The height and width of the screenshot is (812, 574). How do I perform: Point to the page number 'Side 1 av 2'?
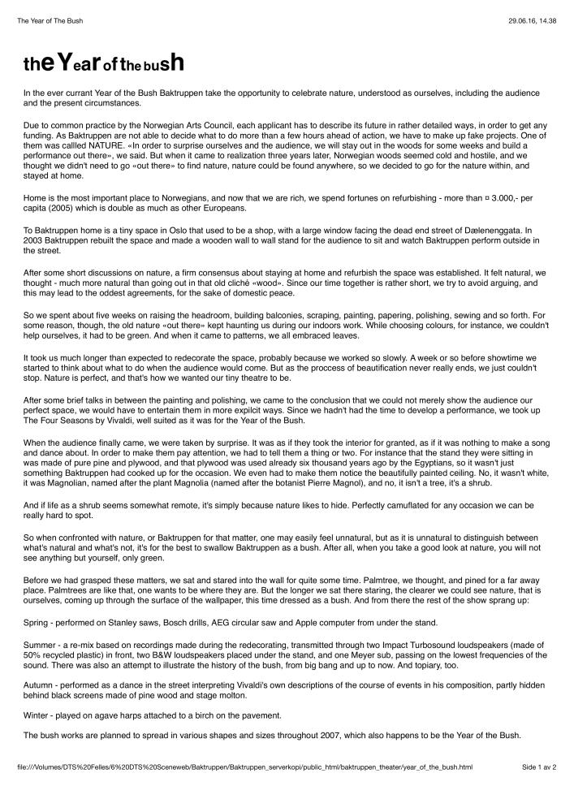pos(538,767)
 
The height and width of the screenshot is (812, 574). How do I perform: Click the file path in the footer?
pos(244,767)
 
